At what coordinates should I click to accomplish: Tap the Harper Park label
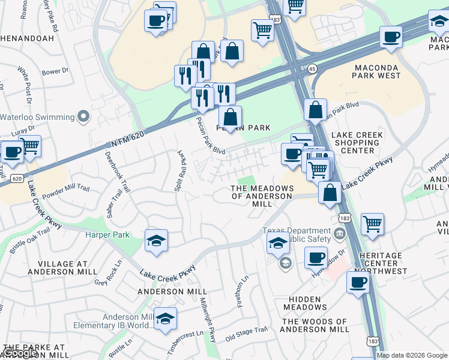point(107,235)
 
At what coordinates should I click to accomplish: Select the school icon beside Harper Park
point(157,241)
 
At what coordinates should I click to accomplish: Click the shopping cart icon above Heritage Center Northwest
point(372,224)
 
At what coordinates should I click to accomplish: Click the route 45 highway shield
point(313,68)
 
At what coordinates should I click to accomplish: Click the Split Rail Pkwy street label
point(179,171)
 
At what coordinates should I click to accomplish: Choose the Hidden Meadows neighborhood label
point(305,302)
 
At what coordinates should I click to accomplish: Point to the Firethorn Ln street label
point(243,291)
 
